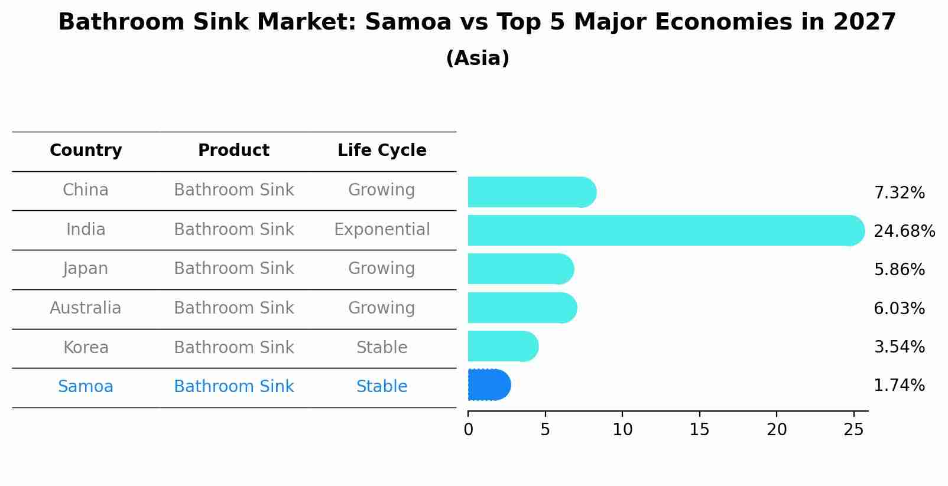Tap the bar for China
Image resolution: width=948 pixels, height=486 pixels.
pos(531,193)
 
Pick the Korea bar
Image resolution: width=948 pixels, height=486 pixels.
pos(502,346)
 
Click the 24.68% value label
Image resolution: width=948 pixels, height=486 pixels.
pos(904,231)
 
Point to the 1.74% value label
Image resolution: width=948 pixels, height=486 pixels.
pos(899,386)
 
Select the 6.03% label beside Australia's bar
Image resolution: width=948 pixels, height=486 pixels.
pos(899,308)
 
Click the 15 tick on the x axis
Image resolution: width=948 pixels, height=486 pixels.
pos(699,430)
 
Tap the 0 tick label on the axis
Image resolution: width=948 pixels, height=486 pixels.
pos(468,430)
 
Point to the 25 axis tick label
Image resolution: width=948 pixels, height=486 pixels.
pos(853,430)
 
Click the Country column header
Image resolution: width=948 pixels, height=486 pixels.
pos(86,151)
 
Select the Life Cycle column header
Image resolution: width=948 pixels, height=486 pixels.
pos(382,151)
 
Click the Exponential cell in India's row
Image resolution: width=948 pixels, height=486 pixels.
pos(382,229)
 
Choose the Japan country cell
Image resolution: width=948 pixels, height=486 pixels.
pos(86,269)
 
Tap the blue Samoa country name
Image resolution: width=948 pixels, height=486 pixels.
pos(86,387)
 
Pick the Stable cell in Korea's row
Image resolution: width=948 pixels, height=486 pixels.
pos(382,347)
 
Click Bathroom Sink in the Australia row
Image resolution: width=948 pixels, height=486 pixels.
pos(233,308)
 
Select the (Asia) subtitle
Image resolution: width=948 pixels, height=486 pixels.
pos(478,58)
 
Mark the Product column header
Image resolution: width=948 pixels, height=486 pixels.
pos(233,151)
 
